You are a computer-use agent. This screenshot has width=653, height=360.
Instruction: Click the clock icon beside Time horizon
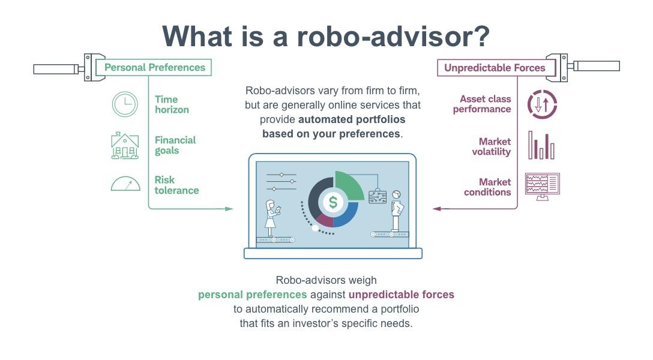click(125, 104)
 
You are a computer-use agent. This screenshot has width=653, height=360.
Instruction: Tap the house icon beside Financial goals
click(125, 145)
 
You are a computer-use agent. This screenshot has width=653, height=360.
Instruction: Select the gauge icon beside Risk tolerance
click(125, 183)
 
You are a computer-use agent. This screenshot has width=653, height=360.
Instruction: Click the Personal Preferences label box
click(155, 67)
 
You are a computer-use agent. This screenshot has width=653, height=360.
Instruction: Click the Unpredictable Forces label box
click(495, 68)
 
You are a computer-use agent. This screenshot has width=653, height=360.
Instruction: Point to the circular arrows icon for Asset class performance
click(542, 104)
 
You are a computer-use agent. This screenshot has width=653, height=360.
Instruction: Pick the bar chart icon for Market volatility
click(541, 146)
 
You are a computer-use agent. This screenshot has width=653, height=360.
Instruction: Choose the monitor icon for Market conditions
click(542, 185)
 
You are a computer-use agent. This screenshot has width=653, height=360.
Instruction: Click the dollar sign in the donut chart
click(333, 203)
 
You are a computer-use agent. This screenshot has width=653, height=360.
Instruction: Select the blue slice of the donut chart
click(347, 215)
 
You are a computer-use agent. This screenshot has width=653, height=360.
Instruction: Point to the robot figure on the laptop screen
click(396, 210)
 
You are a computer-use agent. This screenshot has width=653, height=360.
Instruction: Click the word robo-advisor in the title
click(394, 36)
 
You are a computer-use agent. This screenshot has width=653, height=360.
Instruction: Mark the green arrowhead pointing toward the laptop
click(229, 209)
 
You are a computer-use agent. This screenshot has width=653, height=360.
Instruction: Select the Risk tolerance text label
click(176, 185)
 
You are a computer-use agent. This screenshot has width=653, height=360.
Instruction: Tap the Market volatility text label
click(491, 146)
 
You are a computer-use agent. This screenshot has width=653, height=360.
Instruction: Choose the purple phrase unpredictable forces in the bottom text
click(401, 295)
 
